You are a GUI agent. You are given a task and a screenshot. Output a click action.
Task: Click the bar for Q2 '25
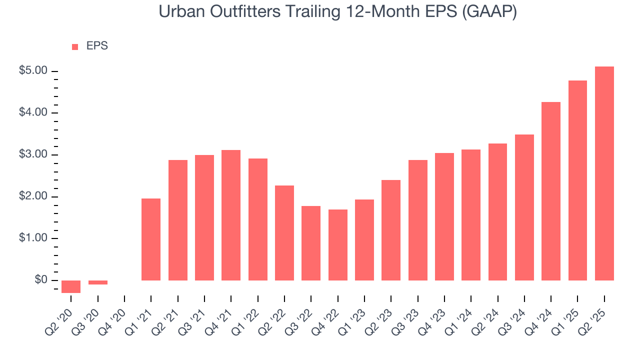(604, 173)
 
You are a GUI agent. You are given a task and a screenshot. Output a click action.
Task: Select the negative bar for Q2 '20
(71, 286)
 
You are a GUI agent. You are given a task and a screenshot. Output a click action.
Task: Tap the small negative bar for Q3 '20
(98, 282)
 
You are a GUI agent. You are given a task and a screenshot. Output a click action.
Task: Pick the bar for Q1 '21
(151, 239)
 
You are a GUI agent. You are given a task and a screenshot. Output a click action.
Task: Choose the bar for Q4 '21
(231, 215)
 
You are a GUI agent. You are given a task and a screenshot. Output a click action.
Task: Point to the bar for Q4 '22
(337, 245)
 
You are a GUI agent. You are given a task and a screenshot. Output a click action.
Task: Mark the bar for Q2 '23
(391, 230)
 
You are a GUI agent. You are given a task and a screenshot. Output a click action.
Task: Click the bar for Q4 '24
(551, 191)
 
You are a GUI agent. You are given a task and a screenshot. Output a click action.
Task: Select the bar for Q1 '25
(577, 180)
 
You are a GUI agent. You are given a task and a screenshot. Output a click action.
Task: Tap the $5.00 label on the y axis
(33, 71)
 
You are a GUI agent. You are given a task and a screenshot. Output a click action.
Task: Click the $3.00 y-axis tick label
(33, 154)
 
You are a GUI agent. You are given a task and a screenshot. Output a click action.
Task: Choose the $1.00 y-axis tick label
(33, 238)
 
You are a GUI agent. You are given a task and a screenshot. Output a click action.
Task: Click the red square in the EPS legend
(75, 46)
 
